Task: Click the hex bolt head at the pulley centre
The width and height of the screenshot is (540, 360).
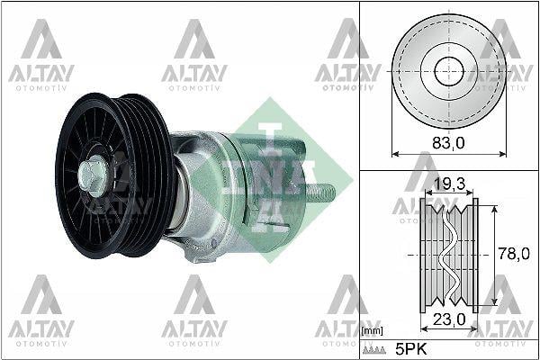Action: point(92,174)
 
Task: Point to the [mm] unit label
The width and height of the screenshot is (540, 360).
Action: point(372,332)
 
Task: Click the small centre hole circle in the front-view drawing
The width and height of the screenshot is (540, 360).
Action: point(448,71)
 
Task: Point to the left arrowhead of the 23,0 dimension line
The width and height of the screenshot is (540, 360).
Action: point(424,328)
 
